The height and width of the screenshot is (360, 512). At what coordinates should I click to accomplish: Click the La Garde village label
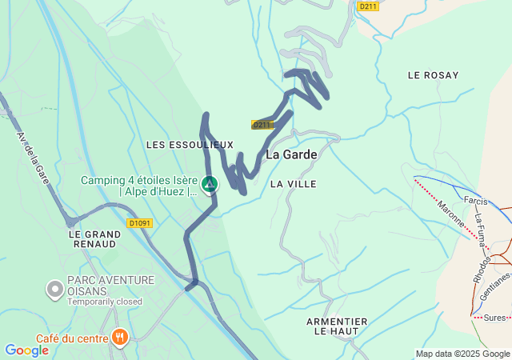(x=291, y=154)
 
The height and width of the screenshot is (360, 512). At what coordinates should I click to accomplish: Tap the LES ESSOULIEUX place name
(x=190, y=145)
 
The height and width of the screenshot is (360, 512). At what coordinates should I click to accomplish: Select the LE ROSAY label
(x=433, y=75)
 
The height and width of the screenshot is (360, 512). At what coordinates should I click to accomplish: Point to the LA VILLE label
(x=293, y=184)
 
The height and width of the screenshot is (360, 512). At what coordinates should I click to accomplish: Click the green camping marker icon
(x=209, y=185)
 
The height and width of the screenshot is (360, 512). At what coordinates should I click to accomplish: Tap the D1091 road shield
(x=139, y=224)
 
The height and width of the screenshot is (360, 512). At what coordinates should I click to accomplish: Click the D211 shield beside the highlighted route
(x=262, y=125)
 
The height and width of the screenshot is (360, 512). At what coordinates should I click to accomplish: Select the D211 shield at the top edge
(x=367, y=6)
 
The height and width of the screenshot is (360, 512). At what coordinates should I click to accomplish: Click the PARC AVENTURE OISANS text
(x=110, y=286)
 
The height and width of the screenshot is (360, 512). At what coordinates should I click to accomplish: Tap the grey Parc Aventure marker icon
(x=55, y=287)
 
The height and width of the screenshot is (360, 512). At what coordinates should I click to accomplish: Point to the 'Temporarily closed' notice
(x=104, y=302)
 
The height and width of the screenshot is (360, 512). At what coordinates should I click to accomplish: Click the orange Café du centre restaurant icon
(x=120, y=336)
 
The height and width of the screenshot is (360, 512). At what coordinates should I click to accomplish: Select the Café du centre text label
(x=72, y=338)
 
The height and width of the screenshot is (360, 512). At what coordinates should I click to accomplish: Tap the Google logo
(x=26, y=350)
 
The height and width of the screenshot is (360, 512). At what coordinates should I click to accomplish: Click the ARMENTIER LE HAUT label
(x=337, y=326)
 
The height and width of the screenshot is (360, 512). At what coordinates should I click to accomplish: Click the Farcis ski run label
(x=474, y=201)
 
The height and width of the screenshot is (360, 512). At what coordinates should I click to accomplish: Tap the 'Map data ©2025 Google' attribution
(x=462, y=354)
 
